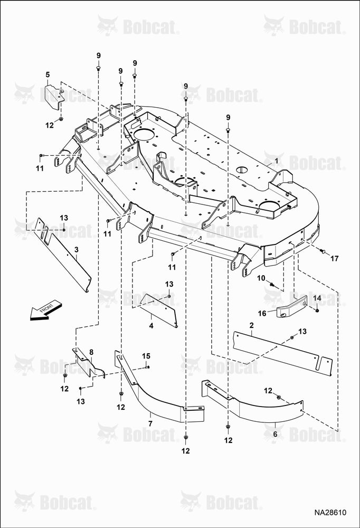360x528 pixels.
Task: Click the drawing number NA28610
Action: pyautogui.click(x=330, y=513)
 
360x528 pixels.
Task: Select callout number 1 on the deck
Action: pyautogui.click(x=277, y=161)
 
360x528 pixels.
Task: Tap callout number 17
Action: pyautogui.click(x=334, y=259)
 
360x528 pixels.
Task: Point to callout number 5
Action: pyautogui.click(x=48, y=74)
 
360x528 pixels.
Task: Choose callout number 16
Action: pyautogui.click(x=262, y=314)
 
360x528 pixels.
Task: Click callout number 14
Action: pyautogui.click(x=317, y=298)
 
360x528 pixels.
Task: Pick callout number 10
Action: pyautogui.click(x=261, y=278)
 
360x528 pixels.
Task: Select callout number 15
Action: pyautogui.click(x=146, y=356)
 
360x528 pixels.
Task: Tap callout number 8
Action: pyautogui.click(x=91, y=352)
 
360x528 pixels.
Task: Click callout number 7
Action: pyautogui.click(x=150, y=423)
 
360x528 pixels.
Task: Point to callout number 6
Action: pyautogui.click(x=275, y=434)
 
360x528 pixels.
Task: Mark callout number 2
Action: pyautogui.click(x=252, y=325)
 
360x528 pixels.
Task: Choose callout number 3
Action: pyautogui.click(x=77, y=250)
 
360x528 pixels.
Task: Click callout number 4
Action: pyautogui.click(x=151, y=326)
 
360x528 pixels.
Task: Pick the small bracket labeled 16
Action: pyautogui.click(x=291, y=306)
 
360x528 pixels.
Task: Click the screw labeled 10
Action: pyautogui.click(x=272, y=285)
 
